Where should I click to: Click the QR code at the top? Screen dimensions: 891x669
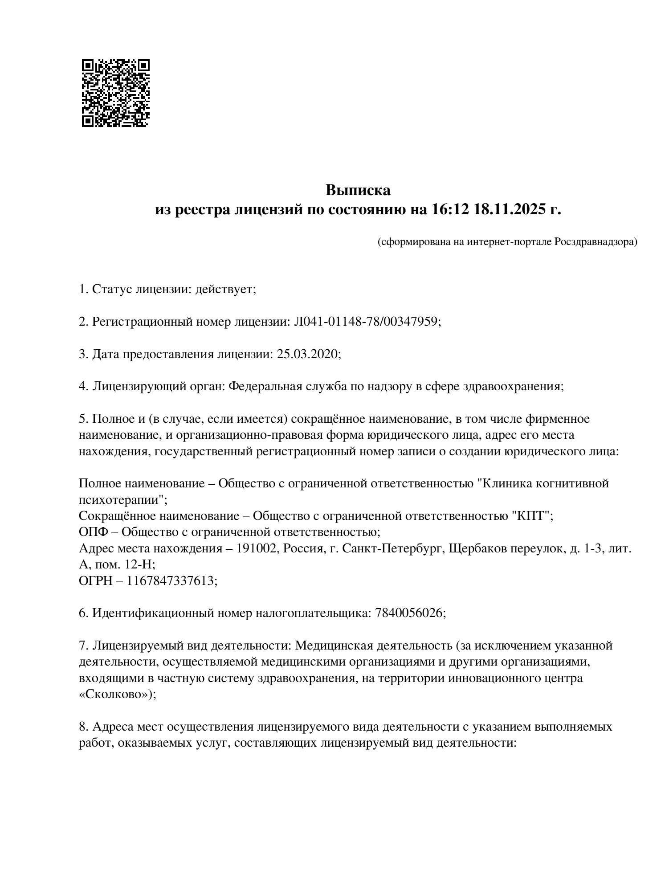click(x=115, y=93)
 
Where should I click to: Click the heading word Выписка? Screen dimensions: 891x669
click(x=358, y=191)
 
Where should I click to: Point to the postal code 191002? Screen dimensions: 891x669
click(x=256, y=548)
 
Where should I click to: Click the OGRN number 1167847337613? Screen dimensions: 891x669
click(x=172, y=581)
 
